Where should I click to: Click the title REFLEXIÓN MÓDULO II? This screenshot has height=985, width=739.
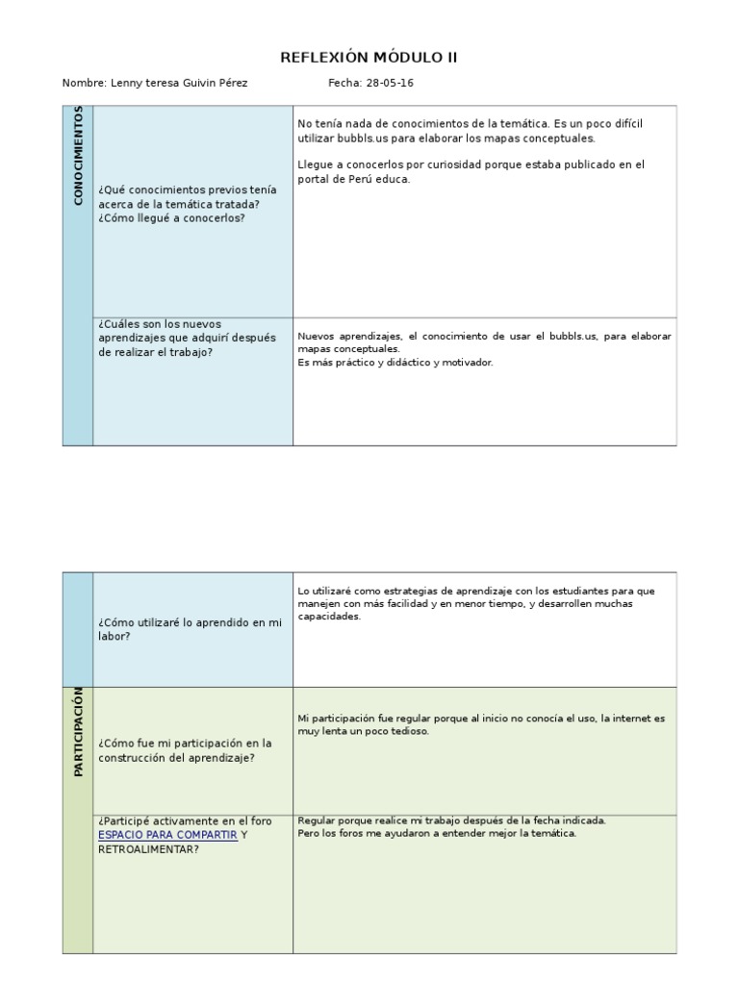coord(369,58)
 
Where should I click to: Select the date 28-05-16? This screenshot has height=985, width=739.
coord(390,84)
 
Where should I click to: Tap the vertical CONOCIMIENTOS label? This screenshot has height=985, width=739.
coord(78,156)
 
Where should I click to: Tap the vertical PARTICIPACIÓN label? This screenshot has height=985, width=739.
coord(78,731)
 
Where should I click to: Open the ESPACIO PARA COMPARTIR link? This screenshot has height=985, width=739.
coord(167,835)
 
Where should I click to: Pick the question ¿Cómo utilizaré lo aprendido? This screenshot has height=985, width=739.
coord(190,629)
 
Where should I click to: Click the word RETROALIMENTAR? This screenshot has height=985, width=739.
coord(148,849)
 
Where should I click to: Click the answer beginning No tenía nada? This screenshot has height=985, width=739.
coord(470,132)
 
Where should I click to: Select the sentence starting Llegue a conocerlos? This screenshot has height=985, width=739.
coord(471,171)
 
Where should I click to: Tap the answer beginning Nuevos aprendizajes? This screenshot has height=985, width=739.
coord(484,341)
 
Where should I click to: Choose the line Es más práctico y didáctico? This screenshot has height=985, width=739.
coord(395,363)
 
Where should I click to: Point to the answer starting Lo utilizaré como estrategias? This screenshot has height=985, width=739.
coord(476,603)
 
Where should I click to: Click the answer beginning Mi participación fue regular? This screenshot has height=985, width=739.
coord(481,724)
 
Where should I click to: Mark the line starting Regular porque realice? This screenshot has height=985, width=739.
coord(452,821)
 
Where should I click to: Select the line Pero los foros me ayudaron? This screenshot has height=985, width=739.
coord(437,833)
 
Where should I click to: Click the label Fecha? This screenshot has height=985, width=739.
coord(344,84)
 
